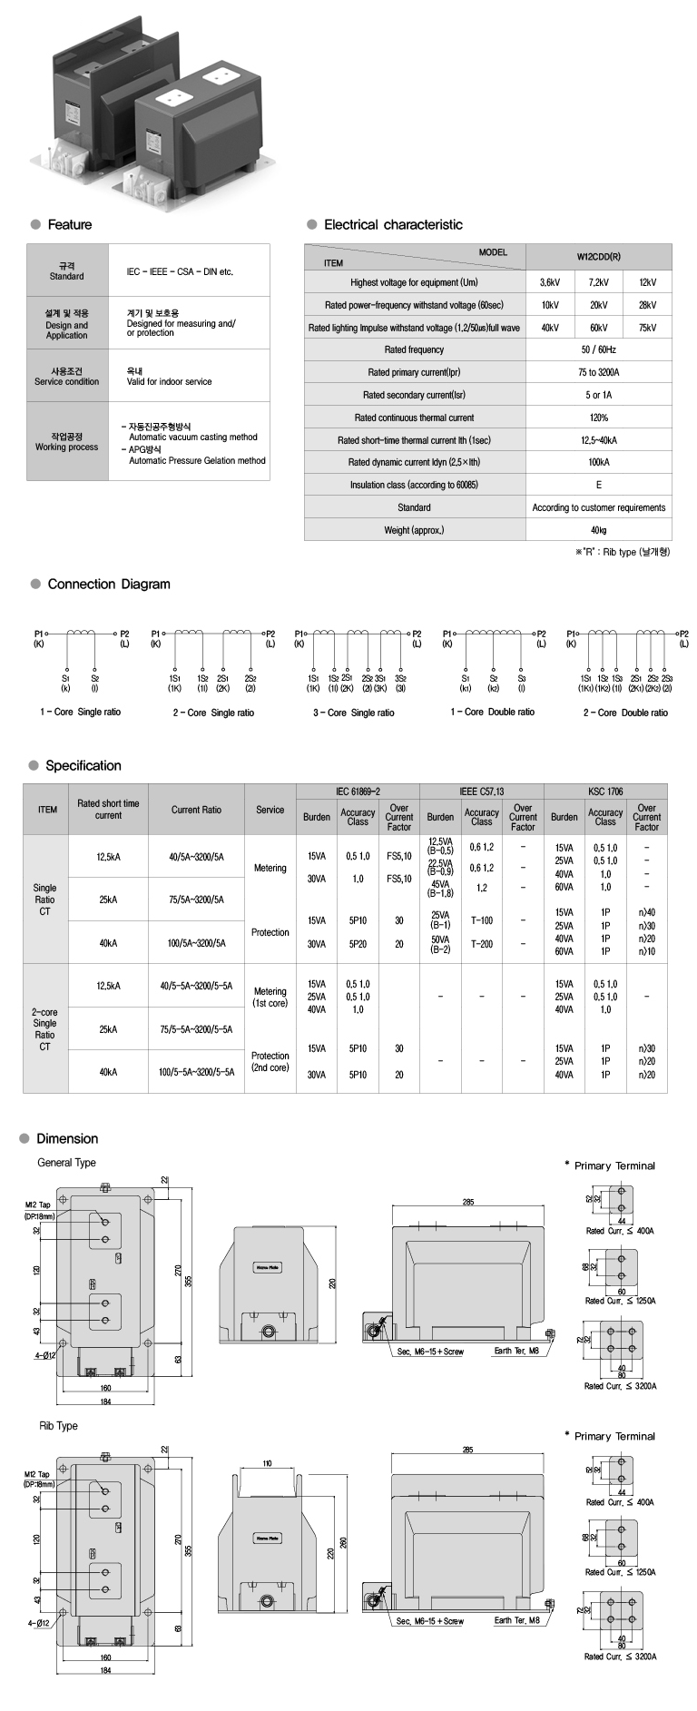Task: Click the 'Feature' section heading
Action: [69, 224]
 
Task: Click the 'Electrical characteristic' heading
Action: [393, 224]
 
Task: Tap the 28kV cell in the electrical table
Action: [647, 305]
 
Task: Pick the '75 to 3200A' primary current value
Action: [599, 372]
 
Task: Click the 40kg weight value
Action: [599, 530]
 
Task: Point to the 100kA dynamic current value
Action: [599, 462]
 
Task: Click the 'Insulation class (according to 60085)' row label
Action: [414, 485]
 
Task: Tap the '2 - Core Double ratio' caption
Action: [625, 713]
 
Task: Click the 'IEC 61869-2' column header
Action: [358, 792]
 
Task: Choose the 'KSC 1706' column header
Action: [604, 792]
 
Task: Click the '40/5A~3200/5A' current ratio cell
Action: [197, 856]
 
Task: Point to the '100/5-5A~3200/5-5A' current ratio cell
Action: [197, 1071]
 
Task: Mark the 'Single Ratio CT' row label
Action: [44, 900]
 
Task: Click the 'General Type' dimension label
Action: [66, 1163]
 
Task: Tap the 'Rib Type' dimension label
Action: [58, 1426]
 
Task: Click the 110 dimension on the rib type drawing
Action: [267, 1464]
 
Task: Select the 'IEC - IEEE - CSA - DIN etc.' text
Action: [180, 271]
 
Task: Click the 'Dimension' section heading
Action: [67, 1138]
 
